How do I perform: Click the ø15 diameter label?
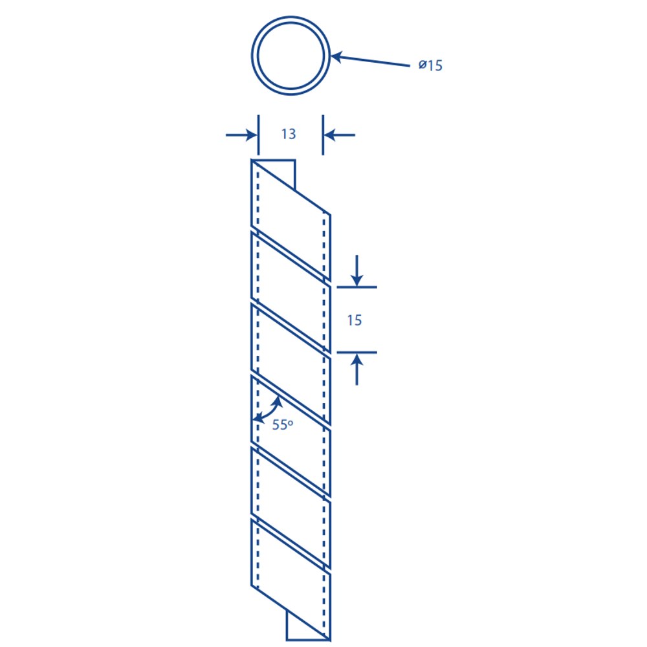coord(430,65)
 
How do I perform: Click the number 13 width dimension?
coord(289,134)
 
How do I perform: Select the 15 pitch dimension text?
coord(355,320)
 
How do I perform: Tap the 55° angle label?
coord(283,424)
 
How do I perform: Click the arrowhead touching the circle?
coord(336,56)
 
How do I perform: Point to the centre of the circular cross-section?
coord(291,56)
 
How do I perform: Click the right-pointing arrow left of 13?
coord(241,135)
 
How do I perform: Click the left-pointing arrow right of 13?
coord(339,135)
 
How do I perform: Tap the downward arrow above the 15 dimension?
coord(357,270)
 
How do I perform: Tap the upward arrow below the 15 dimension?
coord(357,369)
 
